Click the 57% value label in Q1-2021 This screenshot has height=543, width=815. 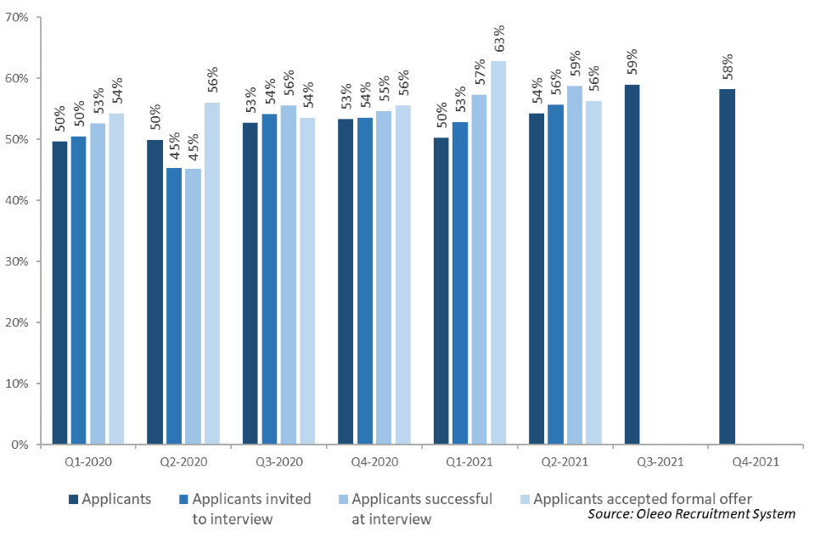pos(480,73)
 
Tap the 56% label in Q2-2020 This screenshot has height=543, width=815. pos(212,81)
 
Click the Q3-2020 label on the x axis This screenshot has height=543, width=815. pos(278,462)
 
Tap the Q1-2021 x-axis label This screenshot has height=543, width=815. pos(469,462)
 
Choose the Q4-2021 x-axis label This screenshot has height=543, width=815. pos(756,462)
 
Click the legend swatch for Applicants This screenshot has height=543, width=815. pos(72,499)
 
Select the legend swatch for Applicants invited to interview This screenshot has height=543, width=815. pos(183,499)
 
